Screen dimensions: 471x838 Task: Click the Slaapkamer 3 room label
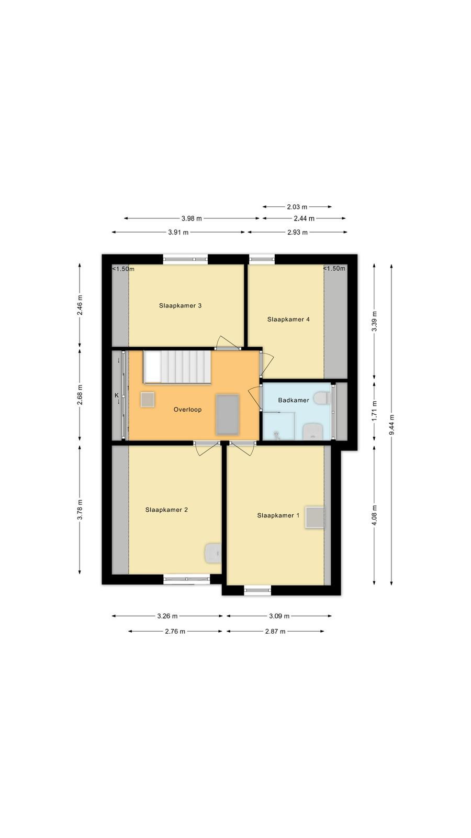click(180, 306)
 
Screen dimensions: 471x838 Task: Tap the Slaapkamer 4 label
click(288, 319)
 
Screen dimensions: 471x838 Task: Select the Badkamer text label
click(294, 400)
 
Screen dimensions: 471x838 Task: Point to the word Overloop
click(188, 410)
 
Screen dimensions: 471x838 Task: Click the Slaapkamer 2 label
click(166, 510)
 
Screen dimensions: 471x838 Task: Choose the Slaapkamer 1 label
click(278, 515)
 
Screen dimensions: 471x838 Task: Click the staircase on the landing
click(177, 367)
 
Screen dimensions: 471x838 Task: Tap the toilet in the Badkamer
click(321, 398)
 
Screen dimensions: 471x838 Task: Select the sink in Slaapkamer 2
click(212, 553)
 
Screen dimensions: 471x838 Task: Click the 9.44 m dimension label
click(391, 425)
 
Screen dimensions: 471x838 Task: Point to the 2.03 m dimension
click(297, 207)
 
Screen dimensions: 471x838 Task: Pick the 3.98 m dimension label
click(192, 218)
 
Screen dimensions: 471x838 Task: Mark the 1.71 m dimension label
click(374, 411)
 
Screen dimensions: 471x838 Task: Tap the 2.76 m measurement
click(175, 632)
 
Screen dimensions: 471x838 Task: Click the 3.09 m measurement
click(279, 616)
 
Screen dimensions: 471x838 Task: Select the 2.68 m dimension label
click(80, 395)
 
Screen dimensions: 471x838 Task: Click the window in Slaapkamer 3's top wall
click(185, 259)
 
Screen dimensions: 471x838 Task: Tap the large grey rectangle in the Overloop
click(227, 415)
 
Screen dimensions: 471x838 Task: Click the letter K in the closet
click(116, 395)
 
